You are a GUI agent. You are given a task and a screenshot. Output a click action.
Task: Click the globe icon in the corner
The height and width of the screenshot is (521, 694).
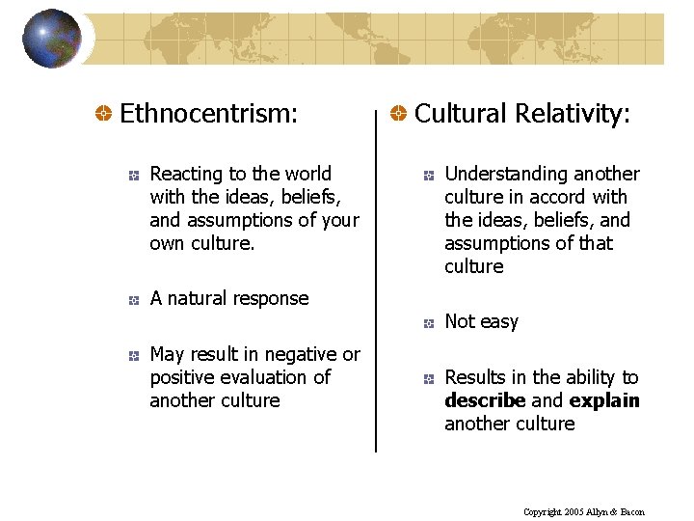click(x=52, y=39)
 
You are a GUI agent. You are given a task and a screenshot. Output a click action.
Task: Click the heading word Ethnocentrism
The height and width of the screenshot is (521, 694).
click(x=208, y=114)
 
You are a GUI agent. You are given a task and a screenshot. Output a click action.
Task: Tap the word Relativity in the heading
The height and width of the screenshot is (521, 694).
click(x=574, y=114)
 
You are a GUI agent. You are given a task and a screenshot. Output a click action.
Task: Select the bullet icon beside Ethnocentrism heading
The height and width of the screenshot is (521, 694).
click(x=101, y=115)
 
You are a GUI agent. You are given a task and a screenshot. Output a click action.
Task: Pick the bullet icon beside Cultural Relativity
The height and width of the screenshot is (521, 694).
click(x=396, y=115)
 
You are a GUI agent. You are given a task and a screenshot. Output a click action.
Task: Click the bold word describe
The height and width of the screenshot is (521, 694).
click(x=485, y=400)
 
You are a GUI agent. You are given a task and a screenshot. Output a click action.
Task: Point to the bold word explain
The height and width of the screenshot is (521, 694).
click(x=604, y=400)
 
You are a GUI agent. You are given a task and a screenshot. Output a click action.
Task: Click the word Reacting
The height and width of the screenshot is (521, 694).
click(x=187, y=175)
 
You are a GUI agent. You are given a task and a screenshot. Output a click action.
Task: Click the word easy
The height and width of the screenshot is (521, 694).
click(x=500, y=322)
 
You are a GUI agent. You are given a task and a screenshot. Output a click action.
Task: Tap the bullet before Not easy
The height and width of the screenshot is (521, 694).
click(x=427, y=324)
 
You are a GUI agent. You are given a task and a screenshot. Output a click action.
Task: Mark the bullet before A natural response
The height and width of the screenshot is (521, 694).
click(x=133, y=301)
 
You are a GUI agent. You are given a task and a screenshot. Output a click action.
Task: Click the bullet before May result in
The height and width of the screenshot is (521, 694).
click(x=133, y=357)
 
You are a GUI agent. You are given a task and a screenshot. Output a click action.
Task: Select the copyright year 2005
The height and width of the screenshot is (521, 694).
click(x=574, y=512)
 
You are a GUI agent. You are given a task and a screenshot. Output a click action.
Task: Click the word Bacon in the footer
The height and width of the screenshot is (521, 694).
click(x=632, y=512)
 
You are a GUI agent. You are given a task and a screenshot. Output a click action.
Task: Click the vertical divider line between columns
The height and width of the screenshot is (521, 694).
click(x=375, y=289)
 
